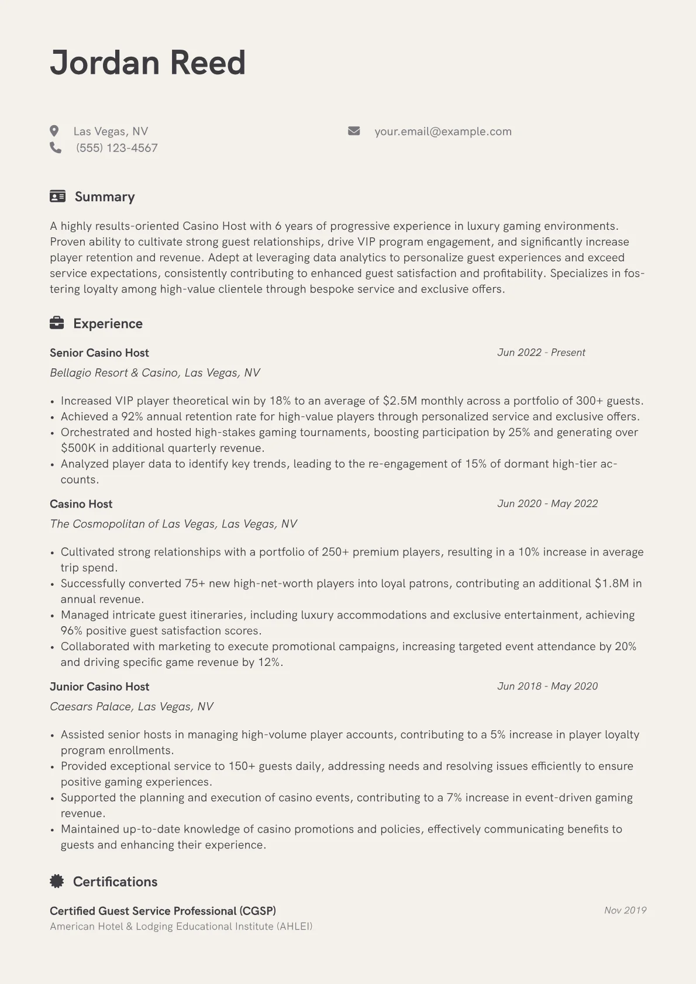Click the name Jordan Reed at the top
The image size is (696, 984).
point(147,63)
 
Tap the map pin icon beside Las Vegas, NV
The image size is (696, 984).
point(54,131)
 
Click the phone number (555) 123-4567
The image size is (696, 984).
point(116,148)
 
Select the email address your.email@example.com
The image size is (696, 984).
point(443,132)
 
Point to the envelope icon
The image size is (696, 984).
point(354,131)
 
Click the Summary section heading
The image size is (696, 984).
point(104,196)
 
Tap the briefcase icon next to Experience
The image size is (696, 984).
point(57,323)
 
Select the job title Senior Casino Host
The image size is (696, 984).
point(99,353)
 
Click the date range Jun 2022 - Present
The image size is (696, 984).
point(541,353)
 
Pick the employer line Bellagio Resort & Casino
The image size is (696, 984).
point(155,372)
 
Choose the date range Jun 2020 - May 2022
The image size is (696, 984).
point(547,503)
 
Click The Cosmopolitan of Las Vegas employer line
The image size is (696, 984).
point(173,524)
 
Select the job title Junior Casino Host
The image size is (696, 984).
point(99,686)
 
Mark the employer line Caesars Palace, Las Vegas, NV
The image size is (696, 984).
point(132,706)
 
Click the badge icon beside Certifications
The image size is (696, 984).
point(57,881)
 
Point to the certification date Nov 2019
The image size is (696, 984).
point(625,910)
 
